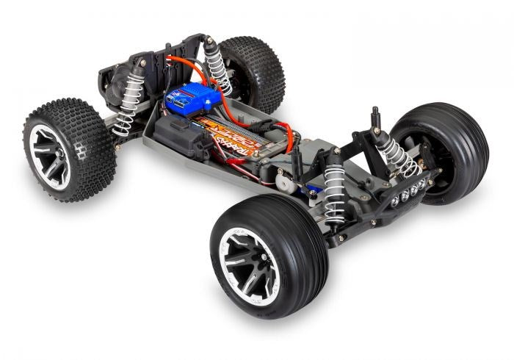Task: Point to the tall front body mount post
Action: [375, 121]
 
